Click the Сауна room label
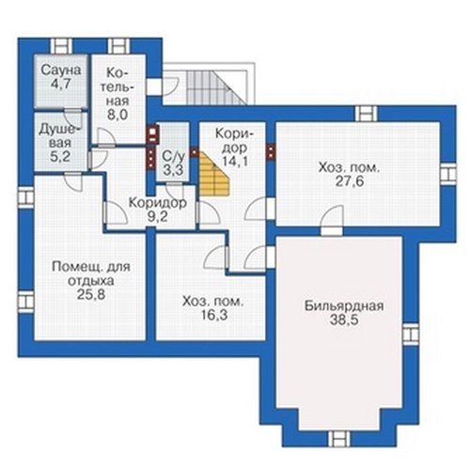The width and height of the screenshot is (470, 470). (x=61, y=70)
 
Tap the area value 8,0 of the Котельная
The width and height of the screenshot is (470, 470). (x=117, y=115)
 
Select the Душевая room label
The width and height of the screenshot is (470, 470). (x=60, y=136)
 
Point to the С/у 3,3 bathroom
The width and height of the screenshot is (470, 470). (x=173, y=151)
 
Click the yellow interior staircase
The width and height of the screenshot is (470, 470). (x=214, y=175)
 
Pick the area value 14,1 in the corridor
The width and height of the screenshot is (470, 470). (x=235, y=161)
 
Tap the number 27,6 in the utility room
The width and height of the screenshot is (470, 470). (x=350, y=181)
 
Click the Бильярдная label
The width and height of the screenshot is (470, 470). (x=344, y=305)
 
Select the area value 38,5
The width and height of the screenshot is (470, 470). (x=344, y=321)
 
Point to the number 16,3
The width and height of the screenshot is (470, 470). (x=214, y=316)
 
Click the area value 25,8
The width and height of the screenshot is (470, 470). (x=91, y=295)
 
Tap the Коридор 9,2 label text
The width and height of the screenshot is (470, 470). (x=158, y=210)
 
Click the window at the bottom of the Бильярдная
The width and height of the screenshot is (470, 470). (x=339, y=439)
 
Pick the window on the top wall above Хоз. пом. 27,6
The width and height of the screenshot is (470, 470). (x=367, y=114)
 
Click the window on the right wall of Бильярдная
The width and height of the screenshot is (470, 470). (x=411, y=335)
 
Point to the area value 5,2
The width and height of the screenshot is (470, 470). (x=59, y=156)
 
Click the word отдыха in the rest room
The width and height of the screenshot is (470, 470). (x=91, y=281)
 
